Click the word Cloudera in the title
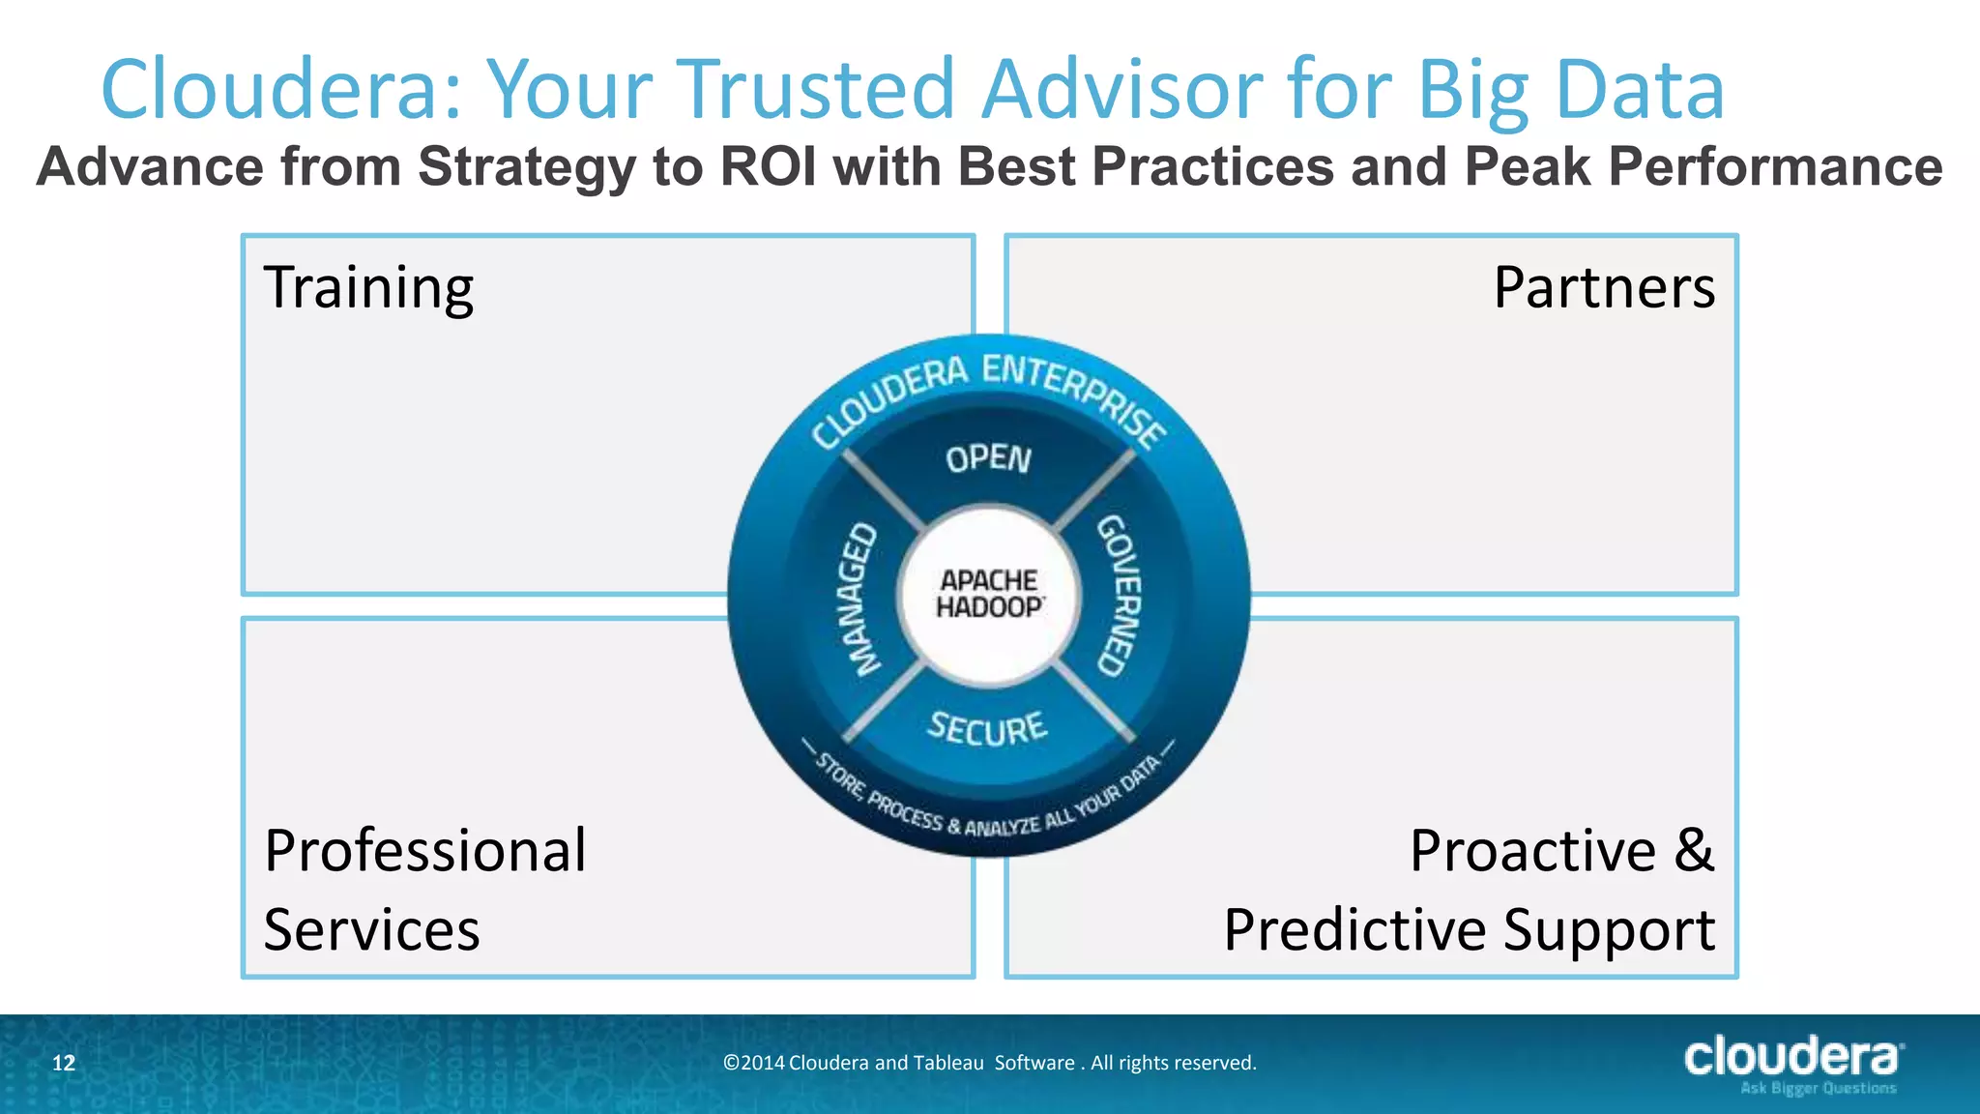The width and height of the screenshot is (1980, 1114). (x=280, y=89)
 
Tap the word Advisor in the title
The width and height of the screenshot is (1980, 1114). (x=1121, y=89)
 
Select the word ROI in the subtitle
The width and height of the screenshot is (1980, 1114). (x=769, y=166)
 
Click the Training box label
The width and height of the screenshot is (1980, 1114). (x=368, y=288)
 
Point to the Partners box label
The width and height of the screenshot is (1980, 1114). (x=1604, y=288)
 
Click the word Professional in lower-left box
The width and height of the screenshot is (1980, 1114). (x=425, y=851)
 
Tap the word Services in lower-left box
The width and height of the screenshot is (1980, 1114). (x=371, y=930)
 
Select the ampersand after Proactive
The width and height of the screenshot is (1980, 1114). (x=1694, y=851)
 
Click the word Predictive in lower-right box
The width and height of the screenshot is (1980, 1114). (x=1354, y=930)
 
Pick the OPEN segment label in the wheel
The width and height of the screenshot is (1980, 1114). (x=988, y=458)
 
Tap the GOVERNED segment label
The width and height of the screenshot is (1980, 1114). (x=1118, y=596)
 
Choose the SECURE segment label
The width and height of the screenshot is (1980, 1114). (x=987, y=727)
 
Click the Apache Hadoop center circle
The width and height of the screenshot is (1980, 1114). (x=988, y=594)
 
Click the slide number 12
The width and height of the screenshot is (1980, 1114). (x=63, y=1064)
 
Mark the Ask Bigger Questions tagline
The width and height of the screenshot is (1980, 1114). (x=1818, y=1089)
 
